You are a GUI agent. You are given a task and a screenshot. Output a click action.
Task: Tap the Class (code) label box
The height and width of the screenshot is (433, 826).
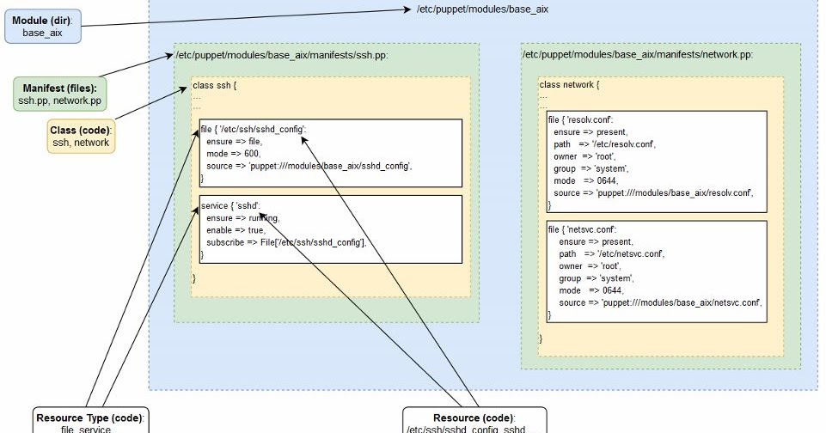coord(81,136)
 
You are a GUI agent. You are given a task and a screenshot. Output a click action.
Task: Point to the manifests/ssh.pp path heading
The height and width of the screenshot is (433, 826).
coord(280,55)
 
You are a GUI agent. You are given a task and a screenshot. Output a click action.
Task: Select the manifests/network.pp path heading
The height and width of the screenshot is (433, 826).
coord(637,55)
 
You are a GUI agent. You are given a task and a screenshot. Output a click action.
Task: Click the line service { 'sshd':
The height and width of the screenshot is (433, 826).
coord(229,207)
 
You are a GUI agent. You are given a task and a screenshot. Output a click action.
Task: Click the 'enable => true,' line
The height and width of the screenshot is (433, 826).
coord(236,231)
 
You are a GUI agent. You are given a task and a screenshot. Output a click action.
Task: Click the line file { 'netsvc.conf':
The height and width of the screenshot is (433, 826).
coord(583,230)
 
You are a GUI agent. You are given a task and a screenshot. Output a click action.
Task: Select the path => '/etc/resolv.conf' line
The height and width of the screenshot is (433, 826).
coord(605,144)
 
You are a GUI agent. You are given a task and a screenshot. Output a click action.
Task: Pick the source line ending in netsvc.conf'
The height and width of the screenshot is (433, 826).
coord(660,303)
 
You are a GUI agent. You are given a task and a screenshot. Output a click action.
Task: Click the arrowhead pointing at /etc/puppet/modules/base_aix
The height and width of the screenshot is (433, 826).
coord(410,9)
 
